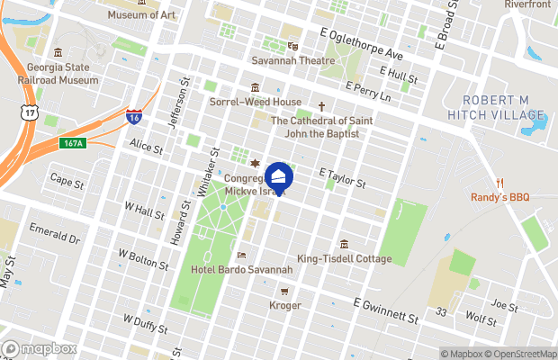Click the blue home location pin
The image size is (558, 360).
tap(279, 177)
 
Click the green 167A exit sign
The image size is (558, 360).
tap(73, 143)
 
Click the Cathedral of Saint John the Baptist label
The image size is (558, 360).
tap(315, 127)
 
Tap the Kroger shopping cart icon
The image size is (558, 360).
tap(284, 292)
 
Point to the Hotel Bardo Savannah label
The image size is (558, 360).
tap(242, 270)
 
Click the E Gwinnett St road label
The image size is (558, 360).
tap(386, 311)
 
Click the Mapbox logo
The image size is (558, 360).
tap(39, 348)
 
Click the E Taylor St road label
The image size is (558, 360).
tap(342, 176)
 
